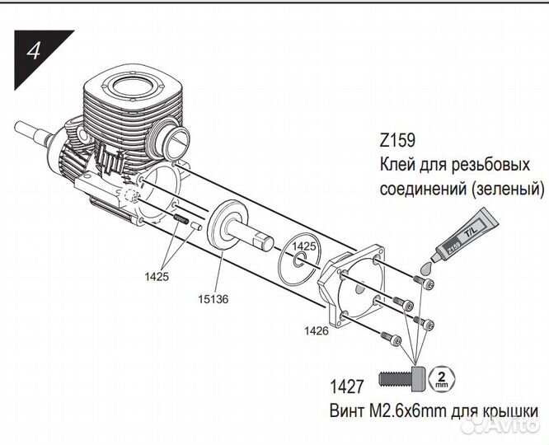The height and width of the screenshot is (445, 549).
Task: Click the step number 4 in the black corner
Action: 34,51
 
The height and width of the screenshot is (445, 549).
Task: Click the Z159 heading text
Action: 397,140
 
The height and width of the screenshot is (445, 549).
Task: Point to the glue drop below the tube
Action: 425,269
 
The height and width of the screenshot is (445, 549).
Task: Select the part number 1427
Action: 347,386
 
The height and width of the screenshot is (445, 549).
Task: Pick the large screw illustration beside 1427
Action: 402,379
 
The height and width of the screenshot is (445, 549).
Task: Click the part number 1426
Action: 317,330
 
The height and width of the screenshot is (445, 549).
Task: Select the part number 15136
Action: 213,299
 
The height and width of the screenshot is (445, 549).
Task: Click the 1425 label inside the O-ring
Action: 304,246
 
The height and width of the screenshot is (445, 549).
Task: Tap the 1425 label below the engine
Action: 157,277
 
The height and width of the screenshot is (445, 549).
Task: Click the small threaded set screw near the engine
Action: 181,219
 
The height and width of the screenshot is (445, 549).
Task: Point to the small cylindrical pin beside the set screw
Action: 196,226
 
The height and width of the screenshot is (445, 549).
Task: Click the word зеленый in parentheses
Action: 508,189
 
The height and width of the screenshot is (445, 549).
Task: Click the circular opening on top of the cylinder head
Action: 132,87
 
